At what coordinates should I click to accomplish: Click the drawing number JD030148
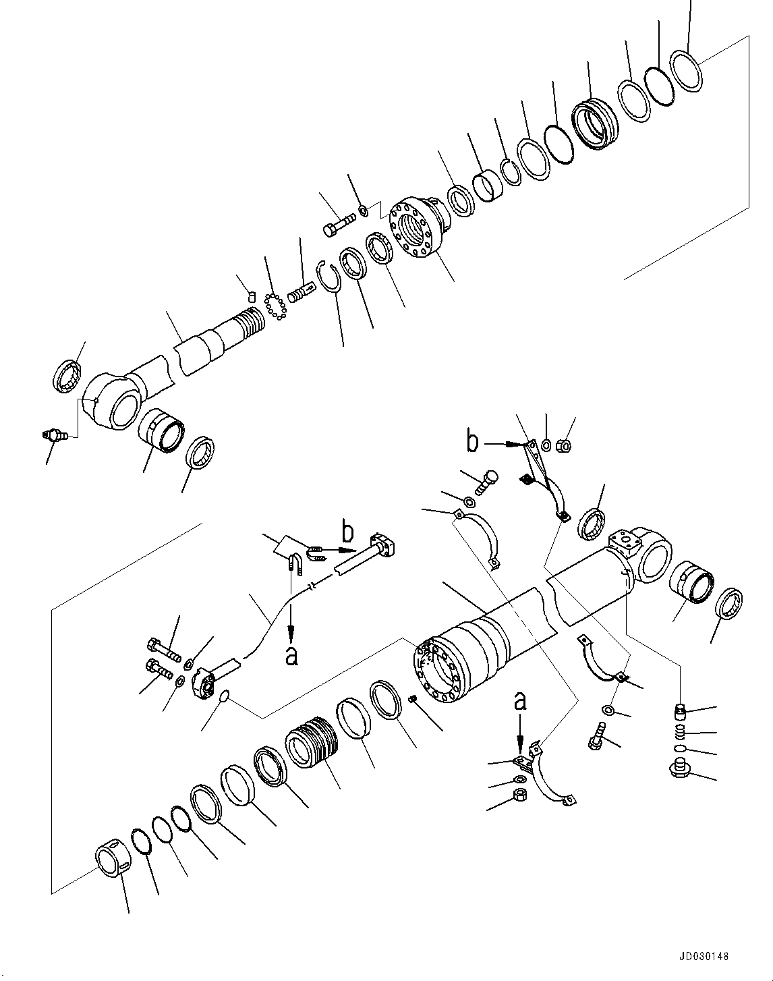(x=704, y=956)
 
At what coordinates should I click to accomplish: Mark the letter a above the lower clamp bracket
(x=519, y=702)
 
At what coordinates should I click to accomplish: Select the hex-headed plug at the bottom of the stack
(x=679, y=769)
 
